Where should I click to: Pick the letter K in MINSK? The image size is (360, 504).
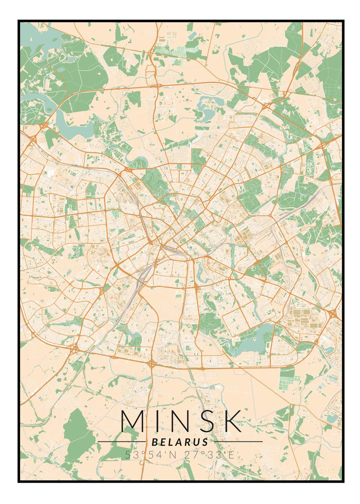(231, 421)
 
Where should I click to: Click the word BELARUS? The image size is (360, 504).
(180, 442)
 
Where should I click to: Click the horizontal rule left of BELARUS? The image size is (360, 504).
(122, 442)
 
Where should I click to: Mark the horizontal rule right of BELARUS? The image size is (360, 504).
(237, 442)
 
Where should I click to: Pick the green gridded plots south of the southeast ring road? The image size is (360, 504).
(287, 378)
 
